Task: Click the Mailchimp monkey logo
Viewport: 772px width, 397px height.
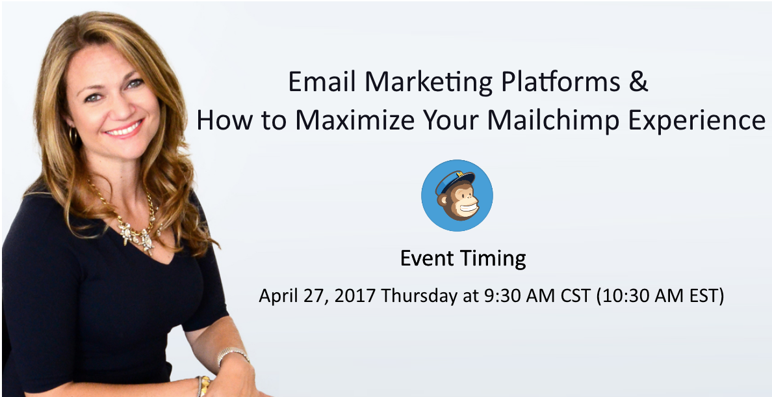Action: pyautogui.click(x=457, y=195)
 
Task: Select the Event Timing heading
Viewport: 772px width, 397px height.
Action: pyautogui.click(x=463, y=258)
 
